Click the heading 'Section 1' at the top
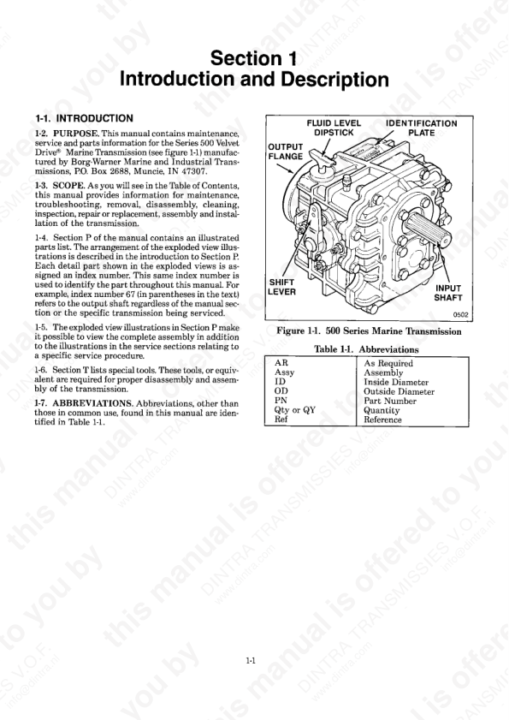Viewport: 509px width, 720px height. click(253, 59)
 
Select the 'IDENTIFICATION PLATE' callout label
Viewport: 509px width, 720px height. click(421, 128)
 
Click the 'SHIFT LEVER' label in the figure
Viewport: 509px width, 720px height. click(282, 286)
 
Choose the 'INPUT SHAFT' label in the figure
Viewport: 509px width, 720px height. click(448, 294)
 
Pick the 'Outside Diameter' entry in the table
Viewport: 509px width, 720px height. click(399, 392)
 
